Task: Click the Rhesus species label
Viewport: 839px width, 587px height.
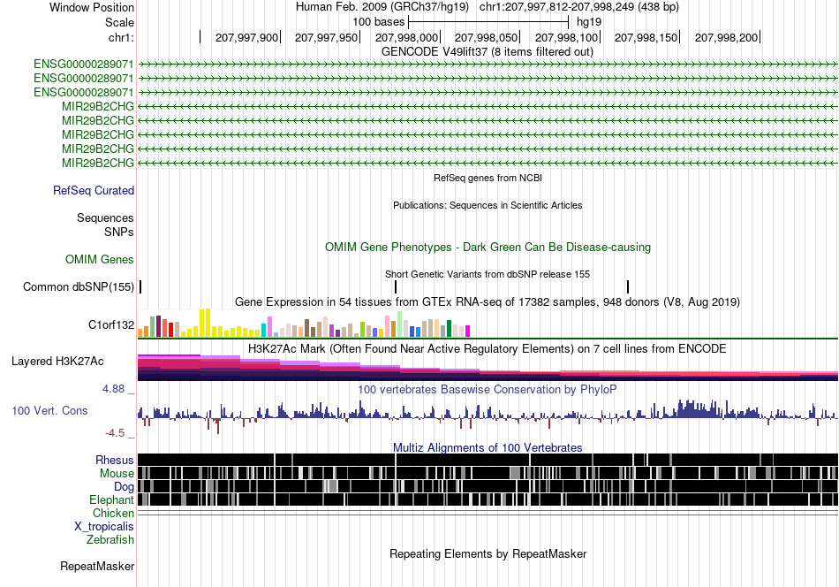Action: (115, 460)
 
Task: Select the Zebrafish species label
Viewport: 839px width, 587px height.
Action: (110, 539)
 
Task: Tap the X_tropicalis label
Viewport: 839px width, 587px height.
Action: (104, 527)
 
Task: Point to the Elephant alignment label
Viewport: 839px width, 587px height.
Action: (111, 499)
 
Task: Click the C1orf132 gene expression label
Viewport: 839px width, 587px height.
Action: (111, 325)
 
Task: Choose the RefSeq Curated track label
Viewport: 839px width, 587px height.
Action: (94, 191)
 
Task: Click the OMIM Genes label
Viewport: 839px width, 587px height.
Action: (100, 260)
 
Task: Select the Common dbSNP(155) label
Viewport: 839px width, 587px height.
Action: (79, 287)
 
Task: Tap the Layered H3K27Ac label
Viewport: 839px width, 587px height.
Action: (57, 362)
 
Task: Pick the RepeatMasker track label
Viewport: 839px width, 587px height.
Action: (97, 566)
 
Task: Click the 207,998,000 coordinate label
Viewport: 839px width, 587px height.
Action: (406, 37)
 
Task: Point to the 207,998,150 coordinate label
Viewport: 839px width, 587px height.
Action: (646, 37)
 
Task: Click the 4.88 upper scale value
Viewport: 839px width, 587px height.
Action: (113, 389)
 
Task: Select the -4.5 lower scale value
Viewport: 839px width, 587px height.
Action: (115, 433)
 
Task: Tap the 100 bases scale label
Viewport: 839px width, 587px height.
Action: (379, 22)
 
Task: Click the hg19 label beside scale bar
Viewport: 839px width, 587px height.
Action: (589, 22)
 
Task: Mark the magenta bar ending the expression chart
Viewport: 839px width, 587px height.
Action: (468, 331)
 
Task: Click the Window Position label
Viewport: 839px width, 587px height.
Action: (92, 7)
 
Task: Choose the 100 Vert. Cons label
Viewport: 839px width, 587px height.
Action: (49, 411)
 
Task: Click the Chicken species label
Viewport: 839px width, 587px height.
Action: (113, 513)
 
